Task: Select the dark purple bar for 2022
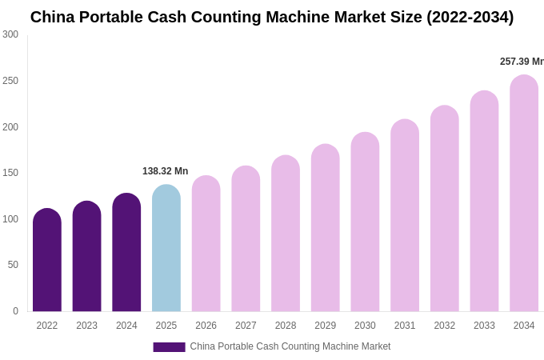[47, 260]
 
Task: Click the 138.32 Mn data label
[165, 171]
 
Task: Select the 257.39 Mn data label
[521, 62]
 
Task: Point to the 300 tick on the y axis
[10, 34]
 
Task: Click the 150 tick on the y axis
[10, 173]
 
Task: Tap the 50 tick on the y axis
[13, 265]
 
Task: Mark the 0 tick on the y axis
[15, 311]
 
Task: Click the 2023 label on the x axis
[86, 326]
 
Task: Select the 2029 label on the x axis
[325, 326]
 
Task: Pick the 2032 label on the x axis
[444, 326]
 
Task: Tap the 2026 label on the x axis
[206, 326]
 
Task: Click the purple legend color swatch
[169, 347]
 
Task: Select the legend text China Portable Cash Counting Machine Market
[290, 346]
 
